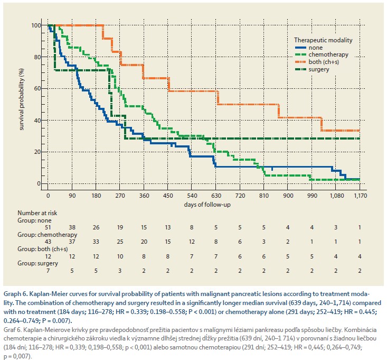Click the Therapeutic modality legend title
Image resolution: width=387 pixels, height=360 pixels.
click(323, 40)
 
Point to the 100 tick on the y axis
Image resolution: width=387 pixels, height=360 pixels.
click(36, 25)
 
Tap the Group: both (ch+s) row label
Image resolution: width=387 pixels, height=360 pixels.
click(42, 249)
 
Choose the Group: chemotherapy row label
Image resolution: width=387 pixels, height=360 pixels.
click(48, 235)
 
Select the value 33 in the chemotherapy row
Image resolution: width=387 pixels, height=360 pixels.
click(96, 242)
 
